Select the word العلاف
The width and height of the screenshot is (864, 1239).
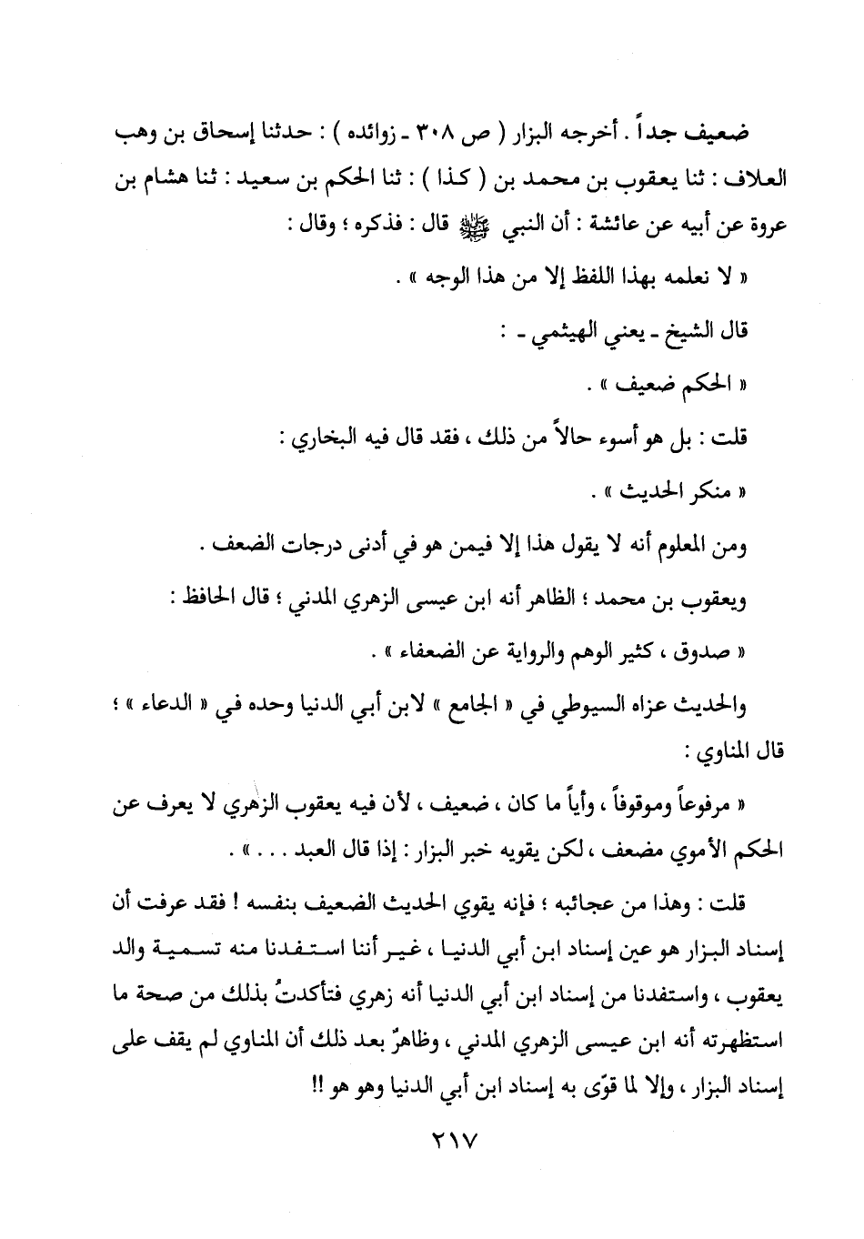[x=756, y=179]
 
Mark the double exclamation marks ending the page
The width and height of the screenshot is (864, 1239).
[x=301, y=1089]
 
